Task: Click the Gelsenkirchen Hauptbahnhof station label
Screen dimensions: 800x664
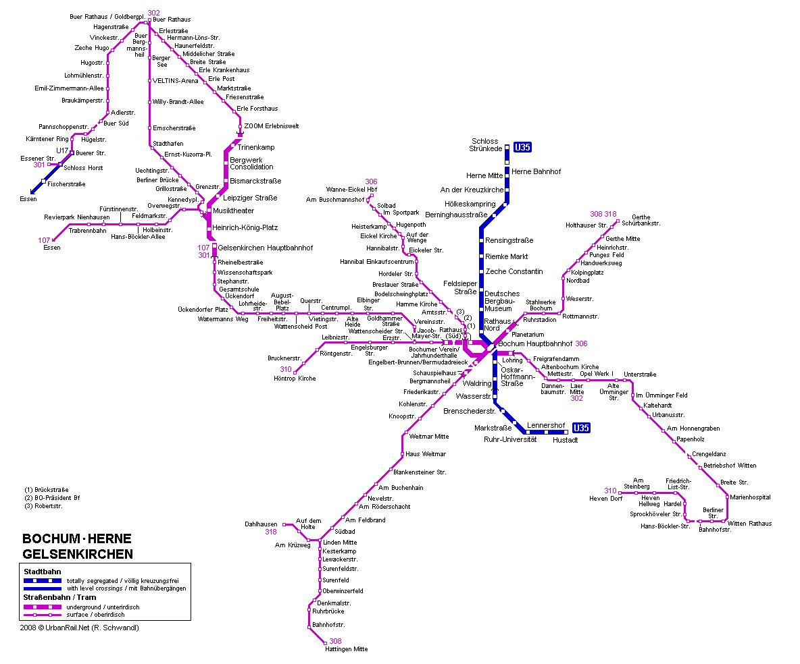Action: (266, 248)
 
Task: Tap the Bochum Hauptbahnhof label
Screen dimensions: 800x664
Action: (535, 344)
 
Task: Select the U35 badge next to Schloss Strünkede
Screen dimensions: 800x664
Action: (522, 147)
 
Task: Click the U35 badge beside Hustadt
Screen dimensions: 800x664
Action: (580, 428)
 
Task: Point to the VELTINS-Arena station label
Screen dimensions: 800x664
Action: (175, 81)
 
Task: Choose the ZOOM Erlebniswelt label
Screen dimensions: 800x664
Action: (272, 126)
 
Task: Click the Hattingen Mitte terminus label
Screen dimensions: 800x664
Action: (347, 649)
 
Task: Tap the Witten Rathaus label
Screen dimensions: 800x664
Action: (749, 524)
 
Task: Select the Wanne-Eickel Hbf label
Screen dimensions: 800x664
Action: (351, 190)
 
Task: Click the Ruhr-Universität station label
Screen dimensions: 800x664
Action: (510, 440)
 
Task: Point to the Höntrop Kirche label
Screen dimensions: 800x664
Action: (295, 379)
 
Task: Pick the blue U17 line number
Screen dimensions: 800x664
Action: (62, 151)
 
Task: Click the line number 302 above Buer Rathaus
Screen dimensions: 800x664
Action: (153, 13)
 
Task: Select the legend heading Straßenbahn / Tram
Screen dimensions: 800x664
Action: (59, 597)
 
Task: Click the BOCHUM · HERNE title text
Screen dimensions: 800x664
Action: (77, 538)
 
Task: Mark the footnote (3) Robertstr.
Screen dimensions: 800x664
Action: (43, 506)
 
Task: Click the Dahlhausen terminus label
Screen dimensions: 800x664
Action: (261, 524)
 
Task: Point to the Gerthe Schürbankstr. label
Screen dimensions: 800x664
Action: (641, 220)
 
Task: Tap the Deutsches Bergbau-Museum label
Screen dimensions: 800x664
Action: (502, 301)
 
